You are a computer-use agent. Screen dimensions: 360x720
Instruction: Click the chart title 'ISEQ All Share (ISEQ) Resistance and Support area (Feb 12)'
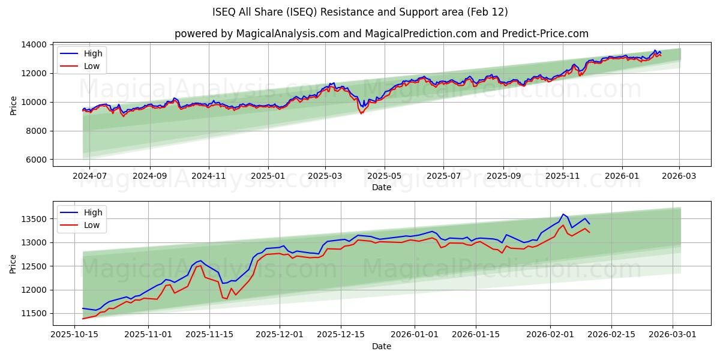click(x=360, y=12)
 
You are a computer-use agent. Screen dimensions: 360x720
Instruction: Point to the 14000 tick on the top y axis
click(x=35, y=44)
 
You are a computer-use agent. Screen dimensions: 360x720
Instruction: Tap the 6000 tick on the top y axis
click(x=37, y=160)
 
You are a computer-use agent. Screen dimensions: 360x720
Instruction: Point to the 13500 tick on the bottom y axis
click(x=35, y=219)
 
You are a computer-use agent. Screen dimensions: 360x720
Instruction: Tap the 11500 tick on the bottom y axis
click(x=35, y=313)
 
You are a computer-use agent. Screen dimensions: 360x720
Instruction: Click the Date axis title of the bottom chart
click(x=382, y=346)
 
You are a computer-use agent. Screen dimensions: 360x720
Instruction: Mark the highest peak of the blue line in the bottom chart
click(x=563, y=214)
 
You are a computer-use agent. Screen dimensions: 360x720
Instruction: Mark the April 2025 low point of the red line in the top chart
click(x=361, y=113)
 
